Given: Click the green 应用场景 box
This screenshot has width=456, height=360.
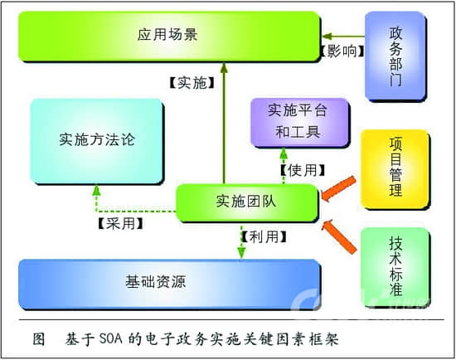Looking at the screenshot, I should click(169, 36).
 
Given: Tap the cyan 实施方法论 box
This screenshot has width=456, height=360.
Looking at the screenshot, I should click(97, 139).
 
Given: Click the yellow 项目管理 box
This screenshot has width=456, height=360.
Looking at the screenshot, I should click(395, 168).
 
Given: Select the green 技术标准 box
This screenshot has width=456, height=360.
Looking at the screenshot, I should click(395, 266).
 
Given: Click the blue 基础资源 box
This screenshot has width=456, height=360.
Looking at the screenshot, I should click(169, 282).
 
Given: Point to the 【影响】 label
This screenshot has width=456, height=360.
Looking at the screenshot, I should click(341, 51).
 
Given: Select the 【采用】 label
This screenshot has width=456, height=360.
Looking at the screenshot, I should click(119, 224).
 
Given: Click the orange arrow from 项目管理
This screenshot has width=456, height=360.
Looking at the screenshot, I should click(339, 189).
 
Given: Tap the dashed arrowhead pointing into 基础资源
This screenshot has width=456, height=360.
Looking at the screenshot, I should click(241, 253).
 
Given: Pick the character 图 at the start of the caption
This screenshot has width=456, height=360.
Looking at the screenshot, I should click(38, 339).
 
